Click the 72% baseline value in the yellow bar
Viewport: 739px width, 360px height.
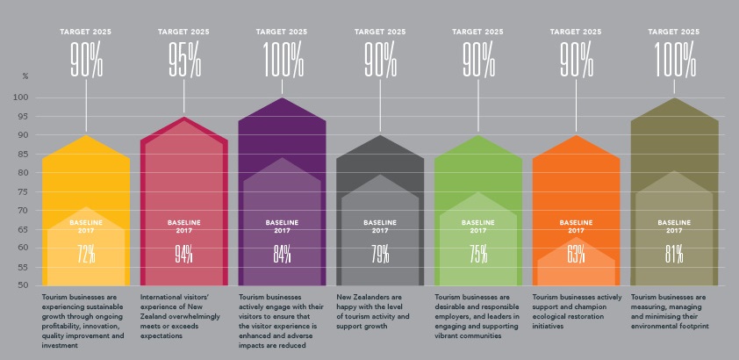(86, 254)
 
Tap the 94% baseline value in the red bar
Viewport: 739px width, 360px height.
(183, 254)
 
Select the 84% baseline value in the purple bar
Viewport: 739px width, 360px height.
(282, 254)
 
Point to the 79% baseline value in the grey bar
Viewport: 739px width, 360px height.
(380, 254)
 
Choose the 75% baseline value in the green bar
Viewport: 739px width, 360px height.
(477, 254)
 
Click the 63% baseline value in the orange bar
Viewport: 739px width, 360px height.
(576, 254)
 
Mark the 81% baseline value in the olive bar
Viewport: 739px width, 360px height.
(674, 254)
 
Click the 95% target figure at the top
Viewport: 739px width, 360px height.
(183, 59)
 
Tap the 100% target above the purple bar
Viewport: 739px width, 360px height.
(282, 59)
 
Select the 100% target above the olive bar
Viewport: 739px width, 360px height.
(674, 59)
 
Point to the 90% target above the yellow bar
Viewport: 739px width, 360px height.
(86, 59)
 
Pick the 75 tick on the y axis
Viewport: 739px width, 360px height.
(25, 191)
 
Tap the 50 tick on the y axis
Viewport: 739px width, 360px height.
(25, 285)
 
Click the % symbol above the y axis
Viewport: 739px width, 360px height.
(25, 76)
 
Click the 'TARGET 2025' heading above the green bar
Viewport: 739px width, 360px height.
(477, 31)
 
